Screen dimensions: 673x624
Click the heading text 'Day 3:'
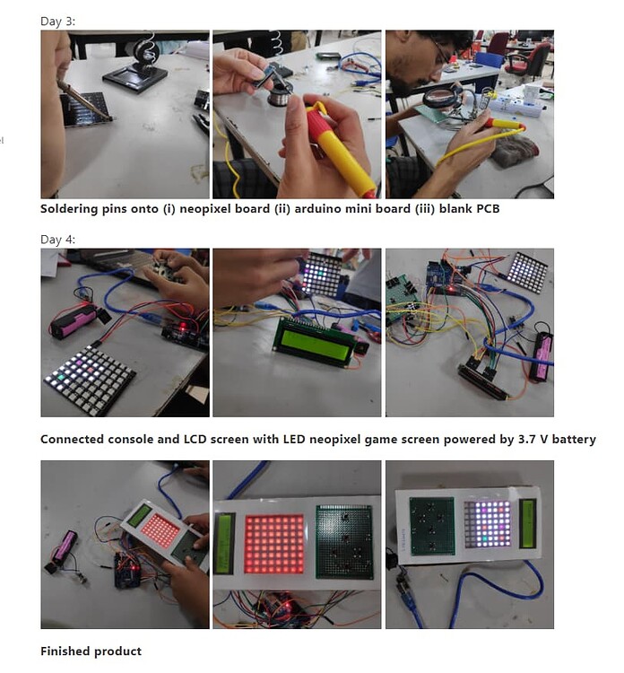(57, 21)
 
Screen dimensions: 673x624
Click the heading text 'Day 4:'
(57, 240)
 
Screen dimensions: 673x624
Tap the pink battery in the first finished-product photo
(65, 546)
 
